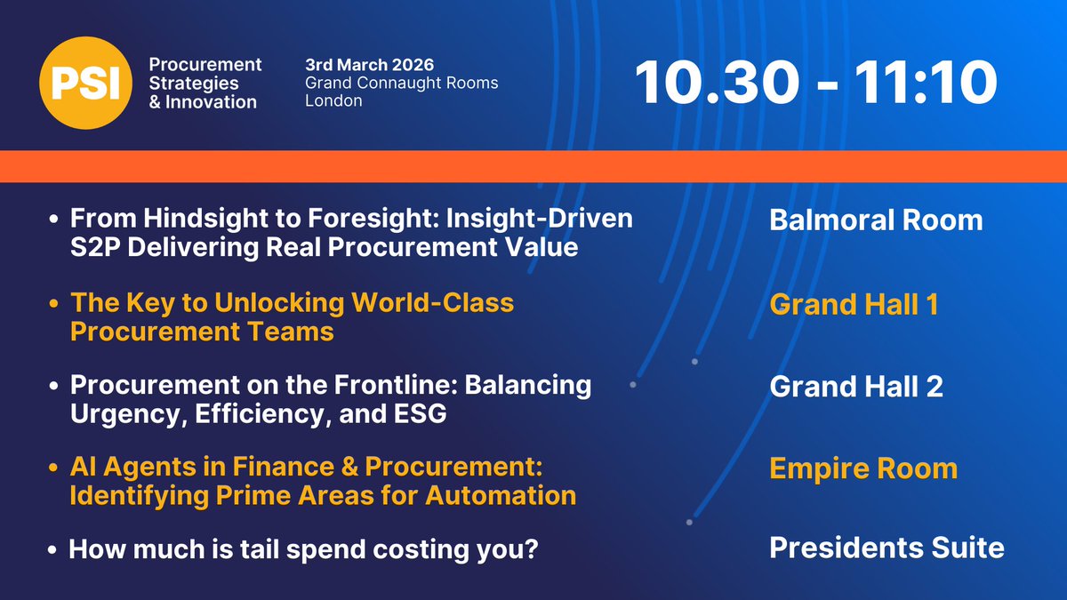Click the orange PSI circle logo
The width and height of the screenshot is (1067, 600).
click(x=85, y=83)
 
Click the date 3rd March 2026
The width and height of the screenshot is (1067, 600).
click(x=370, y=65)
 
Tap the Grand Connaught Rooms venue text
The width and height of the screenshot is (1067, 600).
click(x=402, y=84)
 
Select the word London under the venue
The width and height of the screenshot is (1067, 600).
click(x=333, y=101)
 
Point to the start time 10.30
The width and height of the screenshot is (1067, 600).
click(x=717, y=82)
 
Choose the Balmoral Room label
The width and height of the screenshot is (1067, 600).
click(x=876, y=220)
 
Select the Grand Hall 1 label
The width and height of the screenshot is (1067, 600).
click(x=854, y=304)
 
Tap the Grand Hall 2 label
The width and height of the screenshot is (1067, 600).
click(x=856, y=386)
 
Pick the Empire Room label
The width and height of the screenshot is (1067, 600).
click(x=863, y=468)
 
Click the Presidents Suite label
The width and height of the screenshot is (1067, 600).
click(x=886, y=548)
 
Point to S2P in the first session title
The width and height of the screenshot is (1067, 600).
click(x=95, y=247)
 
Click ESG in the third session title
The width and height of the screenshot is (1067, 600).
click(x=420, y=413)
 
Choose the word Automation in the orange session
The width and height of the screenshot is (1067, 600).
click(x=501, y=496)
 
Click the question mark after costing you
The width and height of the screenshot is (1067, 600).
click(x=531, y=549)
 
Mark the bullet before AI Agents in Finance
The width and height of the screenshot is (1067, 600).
click(x=53, y=468)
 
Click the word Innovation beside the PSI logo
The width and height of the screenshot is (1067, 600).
click(x=211, y=102)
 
